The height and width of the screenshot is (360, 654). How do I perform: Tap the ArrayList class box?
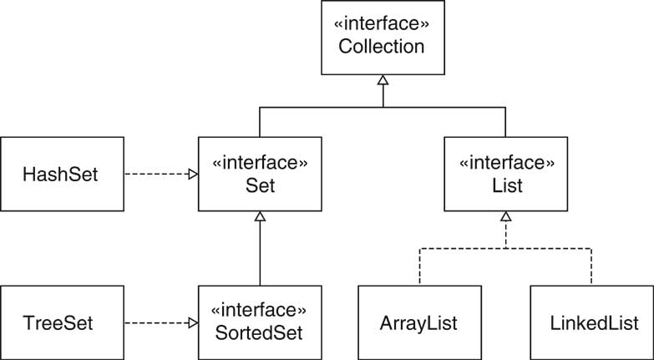(420, 322)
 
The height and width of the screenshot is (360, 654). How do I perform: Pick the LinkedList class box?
(591, 322)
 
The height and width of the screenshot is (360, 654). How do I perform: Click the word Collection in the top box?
(382, 46)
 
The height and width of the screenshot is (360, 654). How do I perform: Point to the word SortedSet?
(259, 332)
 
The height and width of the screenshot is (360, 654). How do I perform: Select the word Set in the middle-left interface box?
(259, 185)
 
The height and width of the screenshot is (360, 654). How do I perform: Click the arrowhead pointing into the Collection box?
(383, 80)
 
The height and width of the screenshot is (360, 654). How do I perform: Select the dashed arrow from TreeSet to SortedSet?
(159, 322)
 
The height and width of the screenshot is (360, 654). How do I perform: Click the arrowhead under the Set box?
(260, 217)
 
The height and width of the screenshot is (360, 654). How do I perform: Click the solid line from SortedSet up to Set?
(260, 255)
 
